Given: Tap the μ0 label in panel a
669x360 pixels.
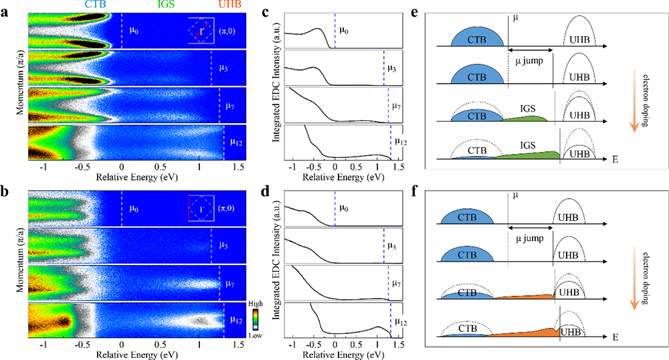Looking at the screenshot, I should pos(132,31).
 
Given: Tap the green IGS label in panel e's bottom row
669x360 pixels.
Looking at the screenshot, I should pos(529,143).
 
